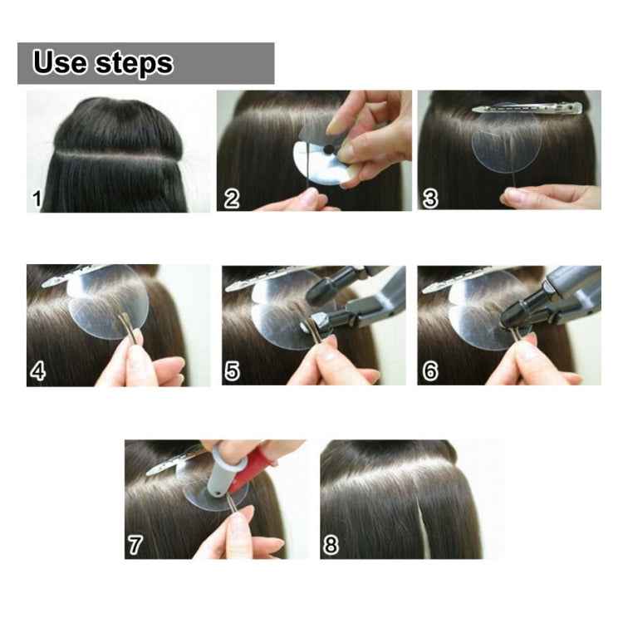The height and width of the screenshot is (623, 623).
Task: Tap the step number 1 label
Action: (x=37, y=199)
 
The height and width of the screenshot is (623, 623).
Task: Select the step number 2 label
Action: (x=232, y=199)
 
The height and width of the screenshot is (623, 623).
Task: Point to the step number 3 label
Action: (x=429, y=199)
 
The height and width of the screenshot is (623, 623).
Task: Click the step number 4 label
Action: (x=37, y=371)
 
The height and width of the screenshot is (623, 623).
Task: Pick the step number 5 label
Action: (x=233, y=371)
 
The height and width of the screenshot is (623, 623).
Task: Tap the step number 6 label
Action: (x=429, y=371)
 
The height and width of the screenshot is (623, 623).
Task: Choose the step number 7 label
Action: (x=135, y=544)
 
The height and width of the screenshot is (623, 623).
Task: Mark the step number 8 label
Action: (x=331, y=544)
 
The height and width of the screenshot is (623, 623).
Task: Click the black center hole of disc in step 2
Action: (x=329, y=150)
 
